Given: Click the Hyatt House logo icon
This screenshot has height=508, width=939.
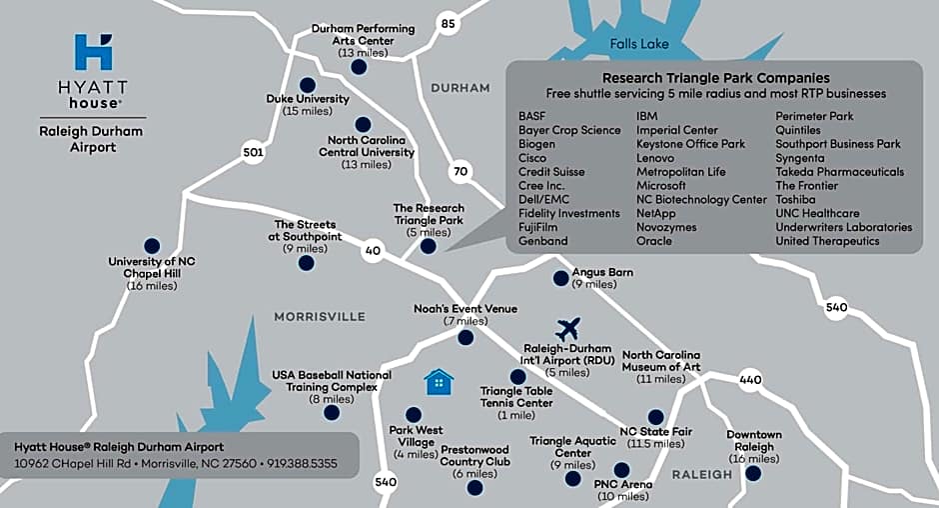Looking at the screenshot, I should coord(94,52).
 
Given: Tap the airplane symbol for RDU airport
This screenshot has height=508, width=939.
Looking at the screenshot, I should coord(568,327).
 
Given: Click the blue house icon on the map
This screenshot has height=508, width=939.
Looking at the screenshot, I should coord(438,381).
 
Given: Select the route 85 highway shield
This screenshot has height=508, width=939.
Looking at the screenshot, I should coord(448,23).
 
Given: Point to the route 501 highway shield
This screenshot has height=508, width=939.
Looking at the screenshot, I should coord(253,152).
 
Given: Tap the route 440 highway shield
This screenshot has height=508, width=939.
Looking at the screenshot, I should coord(751,380).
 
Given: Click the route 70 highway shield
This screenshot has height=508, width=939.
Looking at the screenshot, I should coord(460,171).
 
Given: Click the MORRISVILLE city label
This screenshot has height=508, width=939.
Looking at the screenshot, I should coord(320,316).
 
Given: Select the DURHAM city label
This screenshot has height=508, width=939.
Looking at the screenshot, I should coord(461,88).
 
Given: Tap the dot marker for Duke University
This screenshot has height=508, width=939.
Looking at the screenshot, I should coord(307,84).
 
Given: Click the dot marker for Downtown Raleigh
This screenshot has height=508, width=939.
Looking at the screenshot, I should coord(753,473).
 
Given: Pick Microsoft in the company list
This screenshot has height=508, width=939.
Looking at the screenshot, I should coord(661,185).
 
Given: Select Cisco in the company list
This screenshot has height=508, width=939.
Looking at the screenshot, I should coord(533,158).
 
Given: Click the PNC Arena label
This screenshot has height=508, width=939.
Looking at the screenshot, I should coord(624,485).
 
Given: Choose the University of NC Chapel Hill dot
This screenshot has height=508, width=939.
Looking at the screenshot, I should coord(152,245).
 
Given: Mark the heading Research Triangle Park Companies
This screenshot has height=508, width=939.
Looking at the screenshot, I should coord(715,77).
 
